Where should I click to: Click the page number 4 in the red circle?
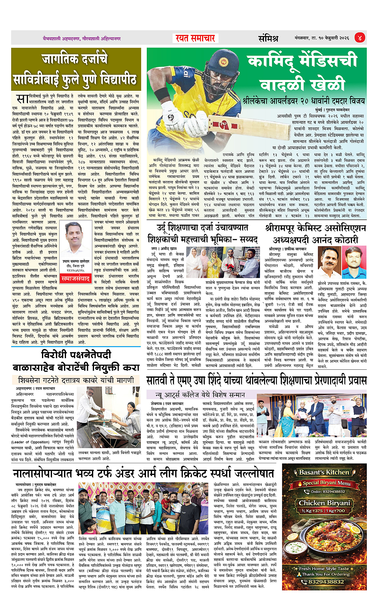pos(359,38)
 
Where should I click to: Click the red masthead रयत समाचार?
pos(196,38)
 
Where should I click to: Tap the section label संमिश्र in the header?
pos(268,38)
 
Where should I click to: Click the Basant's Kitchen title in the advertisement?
pos(324,472)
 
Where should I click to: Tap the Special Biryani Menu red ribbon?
pos(326,483)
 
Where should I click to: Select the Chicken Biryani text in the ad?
pos(324,503)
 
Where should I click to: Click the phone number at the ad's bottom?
pos(326,582)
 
